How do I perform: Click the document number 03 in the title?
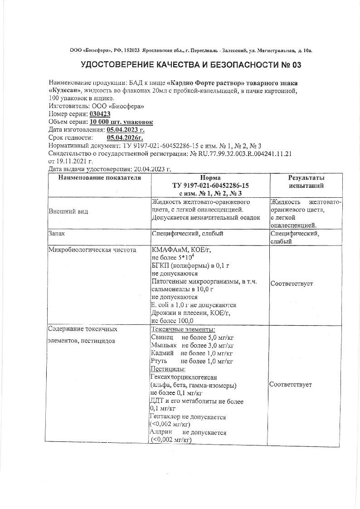pyautogui.click(x=296, y=65)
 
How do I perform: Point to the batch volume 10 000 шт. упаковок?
pyautogui.click(x=122, y=122)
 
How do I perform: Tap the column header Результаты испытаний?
pyautogui.click(x=306, y=181)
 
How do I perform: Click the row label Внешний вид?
pyautogui.click(x=68, y=211)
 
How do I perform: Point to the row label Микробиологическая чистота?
pyautogui.click(x=92, y=250)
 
